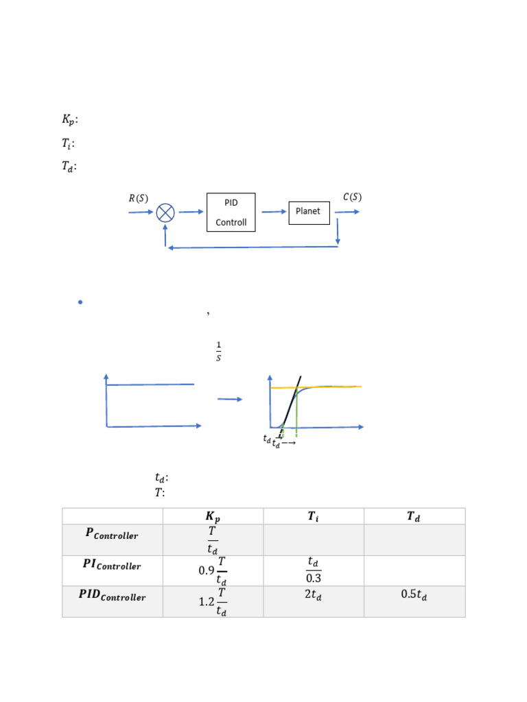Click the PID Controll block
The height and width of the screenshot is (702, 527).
(231, 212)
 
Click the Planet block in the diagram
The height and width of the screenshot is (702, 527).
(308, 211)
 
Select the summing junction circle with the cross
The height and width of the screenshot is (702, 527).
(165, 213)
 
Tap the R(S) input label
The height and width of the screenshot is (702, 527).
(138, 199)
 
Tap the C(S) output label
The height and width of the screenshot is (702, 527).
(352, 197)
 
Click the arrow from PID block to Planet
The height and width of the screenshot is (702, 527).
(274, 212)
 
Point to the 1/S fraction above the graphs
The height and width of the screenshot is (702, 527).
(218, 352)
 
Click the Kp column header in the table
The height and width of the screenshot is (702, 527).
(213, 517)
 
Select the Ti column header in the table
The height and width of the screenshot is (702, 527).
(313, 517)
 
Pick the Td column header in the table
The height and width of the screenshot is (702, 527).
(414, 517)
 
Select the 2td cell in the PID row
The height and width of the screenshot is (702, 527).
(313, 595)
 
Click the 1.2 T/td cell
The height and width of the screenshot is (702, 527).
(213, 601)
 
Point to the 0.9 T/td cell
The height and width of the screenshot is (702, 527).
(213, 570)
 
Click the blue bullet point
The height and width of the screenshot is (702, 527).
(80, 302)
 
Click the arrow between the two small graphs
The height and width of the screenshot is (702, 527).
(229, 399)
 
